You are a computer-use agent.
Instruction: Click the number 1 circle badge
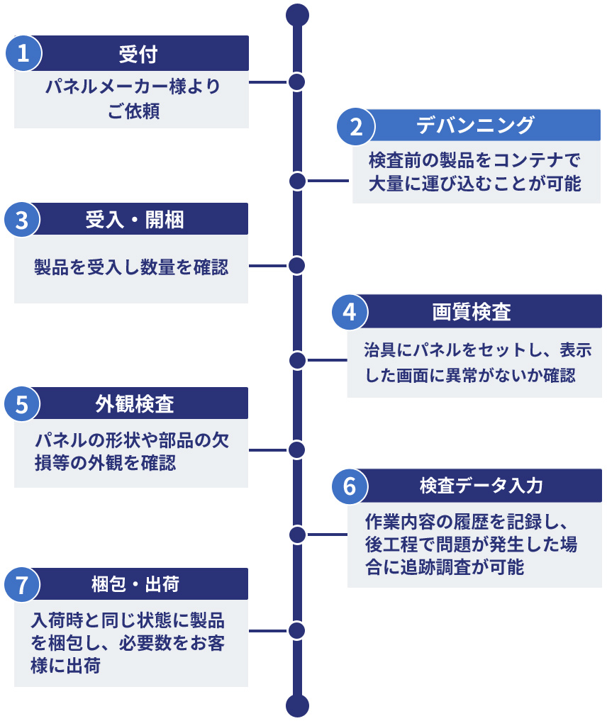pyautogui.click(x=23, y=54)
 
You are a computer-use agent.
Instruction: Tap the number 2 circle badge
pyautogui.click(x=356, y=127)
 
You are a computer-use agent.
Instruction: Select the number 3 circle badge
pyautogui.click(x=23, y=220)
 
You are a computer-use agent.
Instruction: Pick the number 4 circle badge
pyautogui.click(x=349, y=312)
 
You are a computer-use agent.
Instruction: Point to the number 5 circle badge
pyautogui.click(x=23, y=404)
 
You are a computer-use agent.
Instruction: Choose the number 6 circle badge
pyautogui.click(x=349, y=486)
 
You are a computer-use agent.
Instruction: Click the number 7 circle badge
pyautogui.click(x=23, y=585)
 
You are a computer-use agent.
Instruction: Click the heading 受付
pyautogui.click(x=138, y=54)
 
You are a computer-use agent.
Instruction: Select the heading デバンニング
pyautogui.click(x=474, y=126)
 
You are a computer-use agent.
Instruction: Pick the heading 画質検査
pyautogui.click(x=472, y=312)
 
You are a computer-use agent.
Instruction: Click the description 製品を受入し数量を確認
pyautogui.click(x=131, y=267)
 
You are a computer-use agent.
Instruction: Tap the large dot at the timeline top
pyautogui.click(x=297, y=14)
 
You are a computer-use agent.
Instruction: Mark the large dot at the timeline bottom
pyautogui.click(x=297, y=705)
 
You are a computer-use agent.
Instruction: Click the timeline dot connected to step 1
pyautogui.click(x=297, y=82)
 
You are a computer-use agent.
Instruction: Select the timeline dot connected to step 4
pyautogui.click(x=297, y=359)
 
